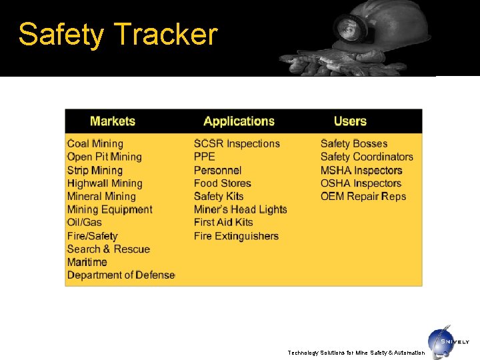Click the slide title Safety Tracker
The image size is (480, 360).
pyautogui.click(x=118, y=35)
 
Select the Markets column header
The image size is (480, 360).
pyautogui.click(x=113, y=121)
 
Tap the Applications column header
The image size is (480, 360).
pyautogui.click(x=239, y=121)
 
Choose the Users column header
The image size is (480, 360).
pyautogui.click(x=350, y=121)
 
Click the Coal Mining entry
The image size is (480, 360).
pyautogui.click(x=95, y=143)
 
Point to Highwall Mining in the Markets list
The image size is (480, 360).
pyautogui.click(x=105, y=183)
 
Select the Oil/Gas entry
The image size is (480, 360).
pyautogui.click(x=85, y=222)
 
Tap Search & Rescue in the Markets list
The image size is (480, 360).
pyautogui.click(x=109, y=249)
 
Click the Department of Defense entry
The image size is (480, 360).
pyautogui.click(x=121, y=275)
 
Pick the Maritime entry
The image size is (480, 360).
pyautogui.click(x=87, y=262)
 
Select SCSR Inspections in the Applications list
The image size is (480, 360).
pyautogui.click(x=237, y=143)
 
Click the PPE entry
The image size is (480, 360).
pyautogui.click(x=205, y=157)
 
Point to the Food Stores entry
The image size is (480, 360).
pyautogui.click(x=223, y=183)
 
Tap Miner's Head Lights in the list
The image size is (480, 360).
pyautogui.click(x=240, y=209)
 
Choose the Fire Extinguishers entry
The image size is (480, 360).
pyautogui.click(x=236, y=236)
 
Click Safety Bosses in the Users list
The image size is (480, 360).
pyautogui.click(x=354, y=143)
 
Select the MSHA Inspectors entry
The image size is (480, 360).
pyautogui.click(x=361, y=170)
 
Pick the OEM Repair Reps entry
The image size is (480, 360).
pyautogui.click(x=363, y=196)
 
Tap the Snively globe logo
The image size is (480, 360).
pyautogui.click(x=441, y=340)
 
